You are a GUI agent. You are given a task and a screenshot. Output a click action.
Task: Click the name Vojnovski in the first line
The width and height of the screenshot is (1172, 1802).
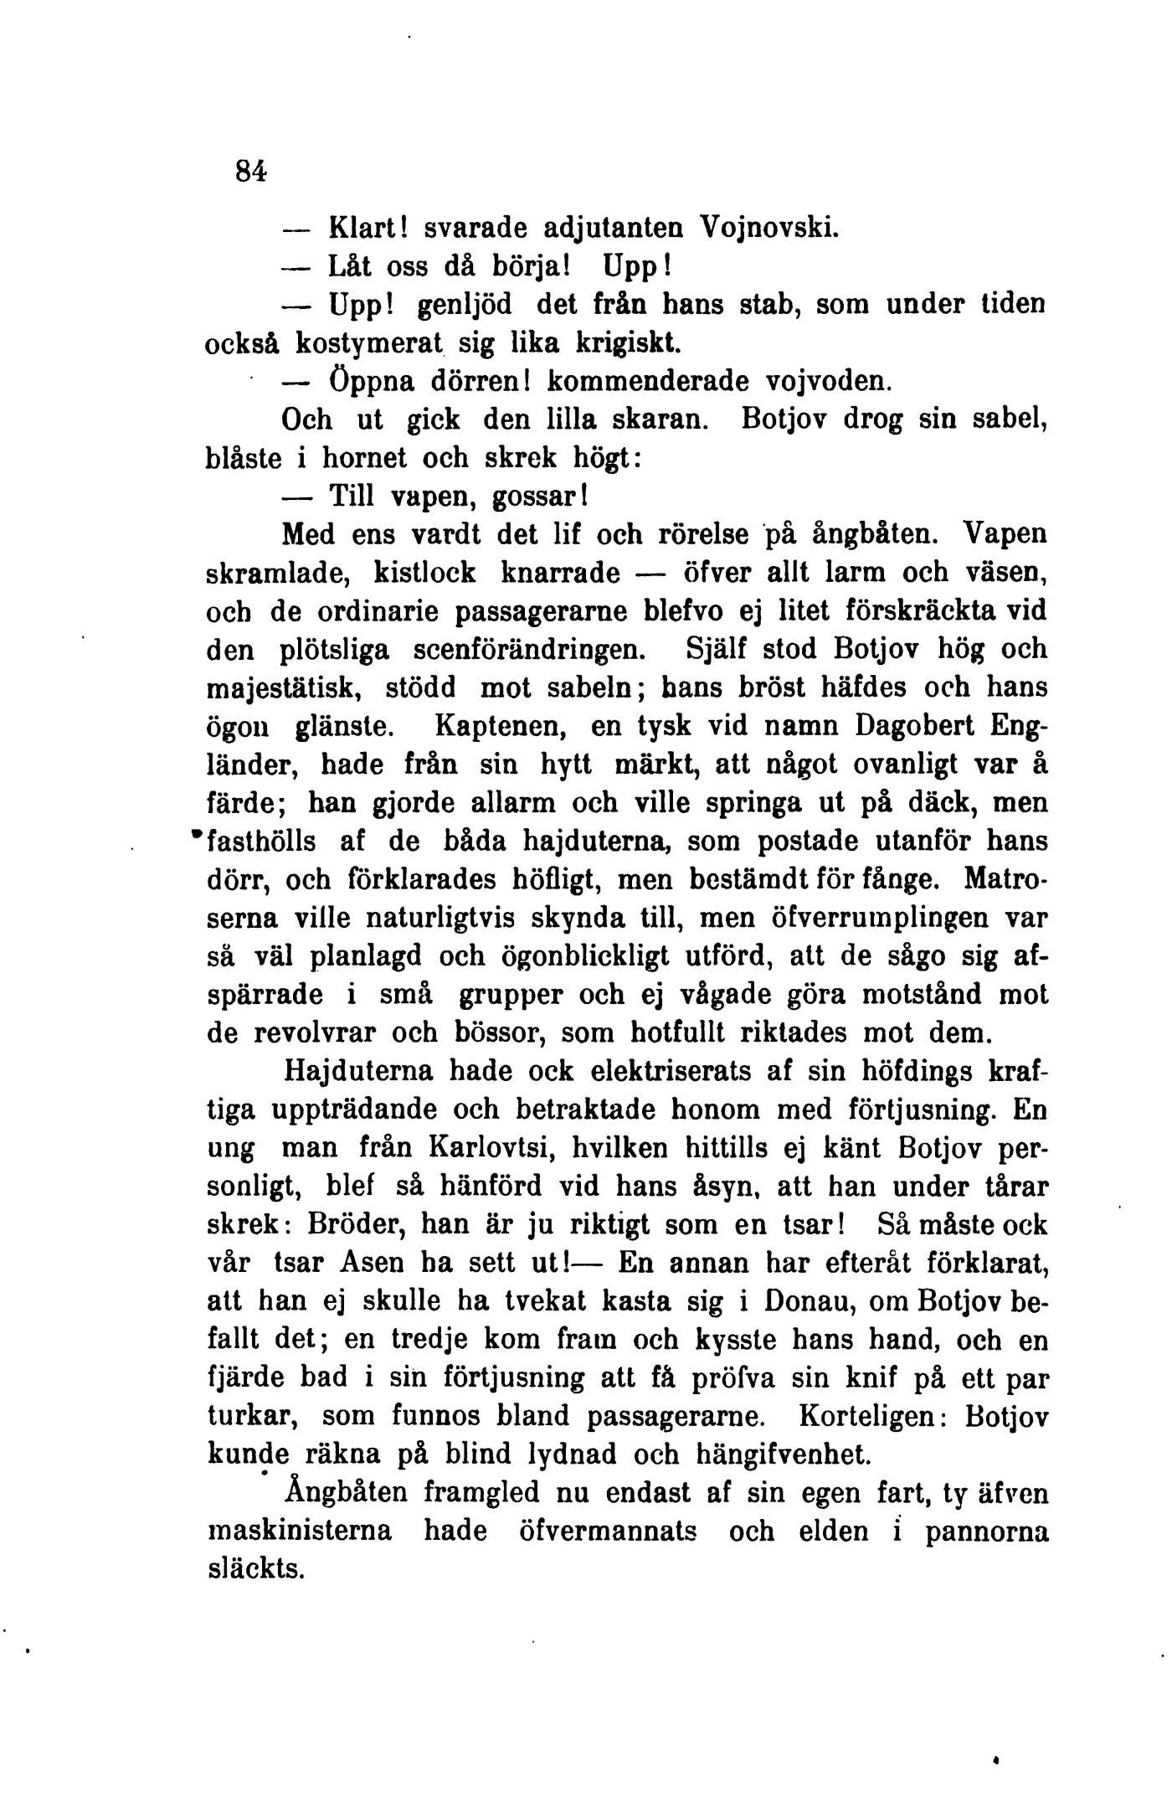pos(768,227)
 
